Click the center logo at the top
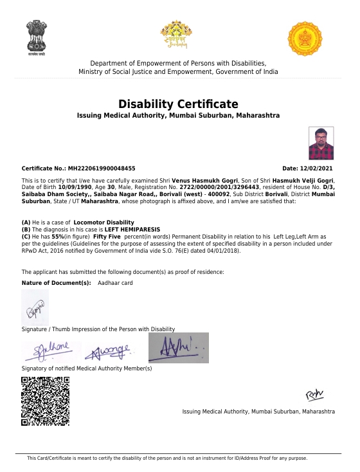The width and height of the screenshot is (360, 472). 176,35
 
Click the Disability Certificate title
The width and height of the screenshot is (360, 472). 178,104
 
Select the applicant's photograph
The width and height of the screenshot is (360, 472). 321,143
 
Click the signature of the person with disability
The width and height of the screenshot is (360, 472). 35,308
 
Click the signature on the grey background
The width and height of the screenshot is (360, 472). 179,347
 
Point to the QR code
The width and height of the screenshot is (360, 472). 45,401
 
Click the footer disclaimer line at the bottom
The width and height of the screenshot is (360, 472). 166,458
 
